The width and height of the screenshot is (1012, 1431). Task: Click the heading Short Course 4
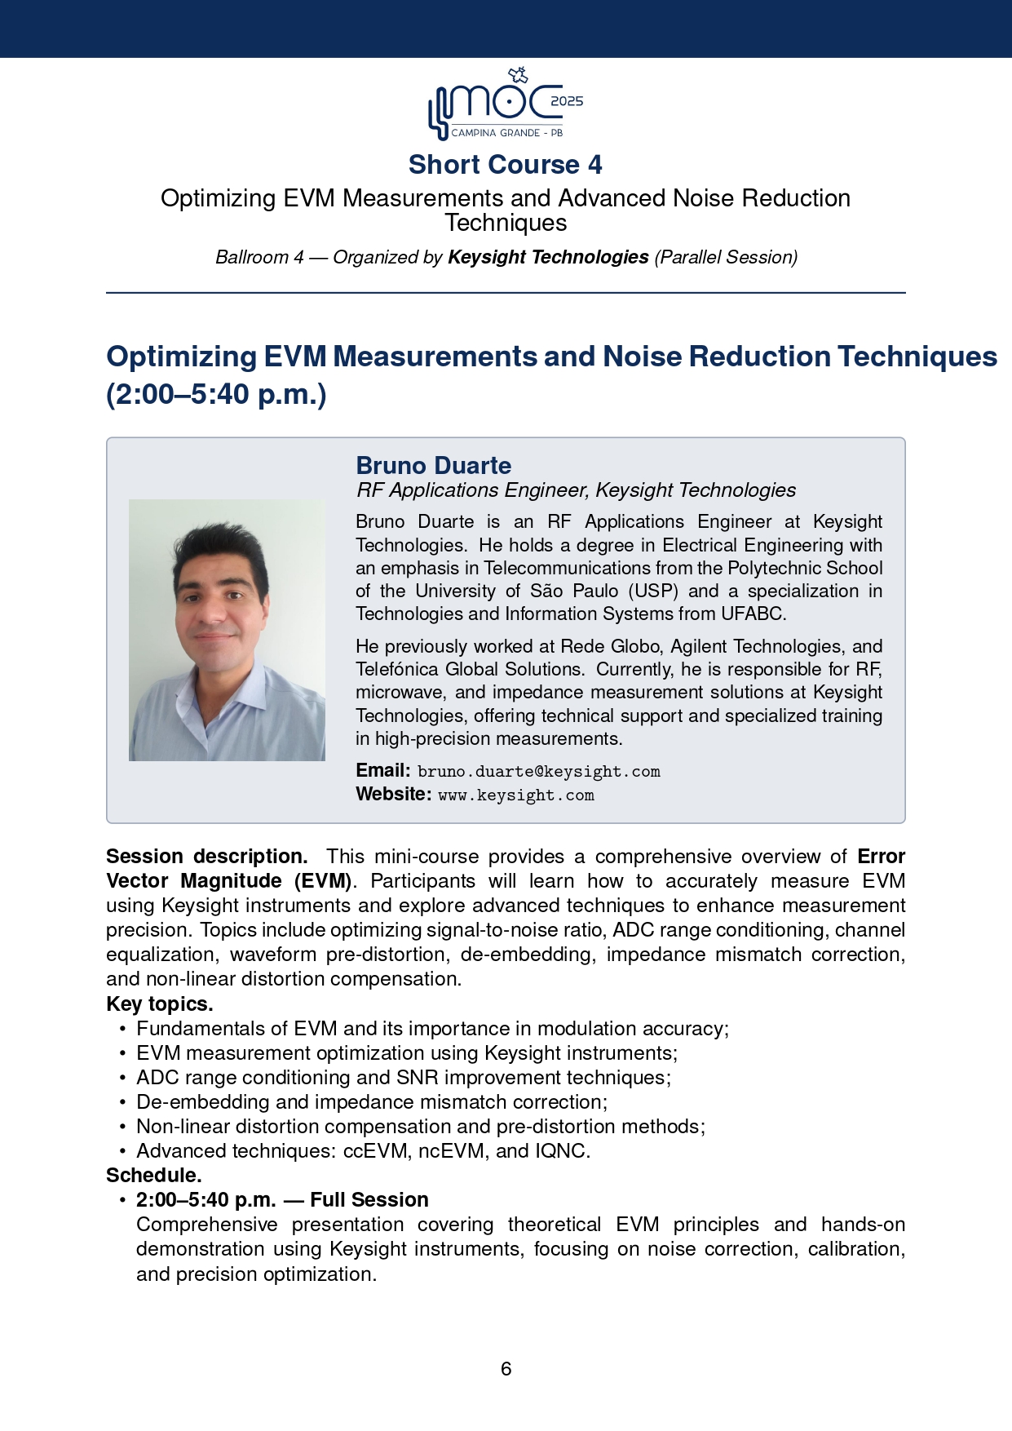[506, 165]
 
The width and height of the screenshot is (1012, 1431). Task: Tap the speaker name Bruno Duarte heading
[434, 466]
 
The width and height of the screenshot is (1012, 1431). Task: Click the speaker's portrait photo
[227, 630]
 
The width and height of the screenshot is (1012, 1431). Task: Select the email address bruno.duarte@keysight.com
[538, 772]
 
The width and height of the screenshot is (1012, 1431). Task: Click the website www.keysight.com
[516, 795]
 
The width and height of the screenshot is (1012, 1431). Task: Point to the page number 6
[506, 1368]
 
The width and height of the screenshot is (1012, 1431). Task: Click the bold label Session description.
[207, 857]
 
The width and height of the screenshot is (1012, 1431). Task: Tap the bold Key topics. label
[160, 1004]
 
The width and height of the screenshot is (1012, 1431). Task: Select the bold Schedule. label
[154, 1176]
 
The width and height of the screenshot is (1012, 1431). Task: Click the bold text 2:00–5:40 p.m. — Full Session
[282, 1200]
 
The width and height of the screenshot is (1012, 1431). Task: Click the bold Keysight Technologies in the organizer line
[548, 258]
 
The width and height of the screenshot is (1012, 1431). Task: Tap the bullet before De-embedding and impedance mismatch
[122, 1102]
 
